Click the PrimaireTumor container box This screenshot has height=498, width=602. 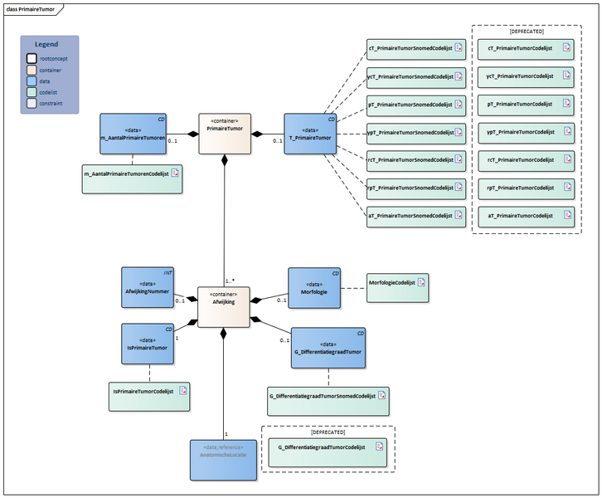point(224,134)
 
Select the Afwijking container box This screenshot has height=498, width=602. point(224,306)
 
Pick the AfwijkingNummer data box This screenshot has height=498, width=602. point(147,286)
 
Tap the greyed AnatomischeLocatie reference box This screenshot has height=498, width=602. point(224,459)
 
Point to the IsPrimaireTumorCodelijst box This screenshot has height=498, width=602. point(149,397)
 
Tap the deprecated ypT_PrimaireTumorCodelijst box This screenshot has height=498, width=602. point(526,132)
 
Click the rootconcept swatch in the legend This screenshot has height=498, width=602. point(32,58)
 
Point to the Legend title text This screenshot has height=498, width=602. point(46,44)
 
